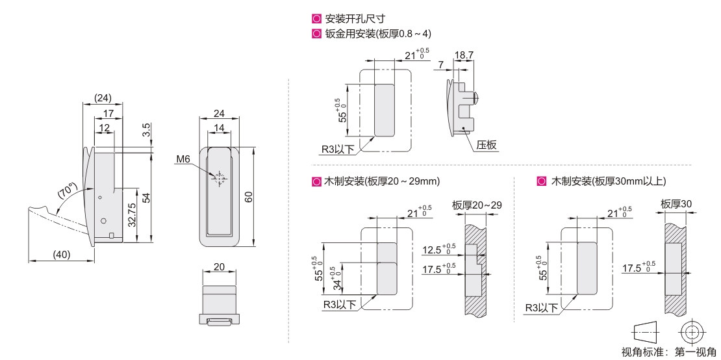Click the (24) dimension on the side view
(x=103, y=98)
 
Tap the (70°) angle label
(x=67, y=191)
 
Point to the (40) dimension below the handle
(x=62, y=255)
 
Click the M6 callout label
(x=183, y=159)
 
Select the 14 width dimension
(x=219, y=128)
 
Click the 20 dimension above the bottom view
(x=220, y=266)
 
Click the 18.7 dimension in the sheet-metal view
(x=464, y=55)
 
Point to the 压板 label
(x=487, y=146)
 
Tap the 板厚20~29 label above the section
(x=477, y=205)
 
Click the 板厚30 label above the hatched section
(x=676, y=203)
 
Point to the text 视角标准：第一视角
(x=669, y=352)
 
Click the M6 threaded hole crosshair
(x=219, y=179)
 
